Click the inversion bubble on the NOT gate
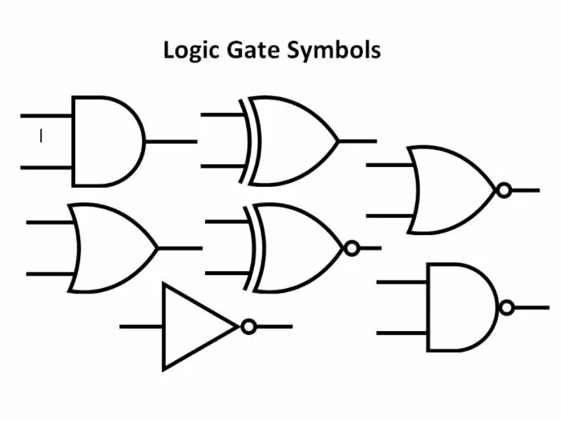click(248, 326)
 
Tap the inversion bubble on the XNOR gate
click(351, 249)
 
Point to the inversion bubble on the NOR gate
click(503, 190)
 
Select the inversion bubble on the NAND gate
click(506, 307)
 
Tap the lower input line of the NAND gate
click(402, 333)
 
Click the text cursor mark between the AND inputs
click(41, 137)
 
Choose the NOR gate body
click(449, 190)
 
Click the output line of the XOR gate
click(357, 141)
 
